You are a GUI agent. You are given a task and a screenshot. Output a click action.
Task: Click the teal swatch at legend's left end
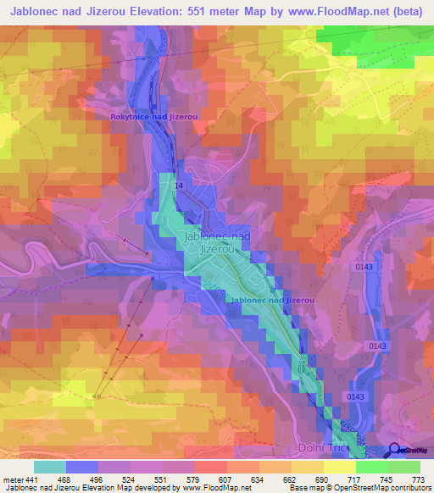pyautogui.click(x=50, y=467)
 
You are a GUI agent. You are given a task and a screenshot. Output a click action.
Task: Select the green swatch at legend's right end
pyautogui.click(x=403, y=467)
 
